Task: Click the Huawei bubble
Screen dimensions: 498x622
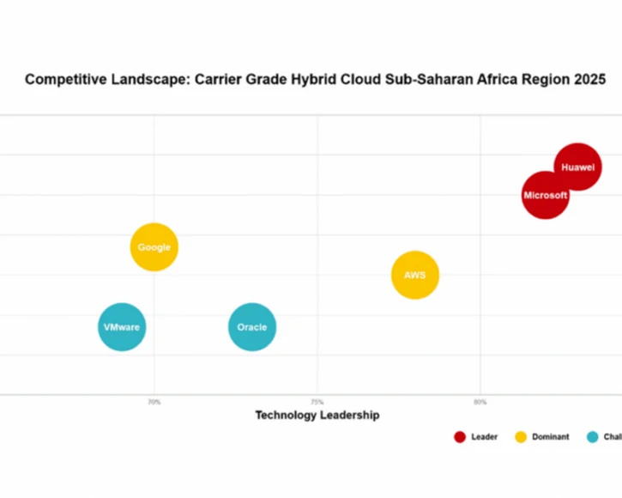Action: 577,167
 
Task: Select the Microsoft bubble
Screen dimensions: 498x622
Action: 546,195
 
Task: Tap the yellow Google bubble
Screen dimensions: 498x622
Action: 154,247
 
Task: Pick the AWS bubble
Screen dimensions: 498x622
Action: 415,275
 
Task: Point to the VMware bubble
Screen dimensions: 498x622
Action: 122,327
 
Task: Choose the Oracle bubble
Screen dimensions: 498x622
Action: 252,327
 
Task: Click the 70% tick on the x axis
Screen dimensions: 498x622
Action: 154,402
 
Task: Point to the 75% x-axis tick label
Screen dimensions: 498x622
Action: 317,402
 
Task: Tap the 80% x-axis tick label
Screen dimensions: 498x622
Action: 480,402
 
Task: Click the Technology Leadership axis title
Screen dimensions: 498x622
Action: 317,416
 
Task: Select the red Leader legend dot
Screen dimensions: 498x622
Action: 460,437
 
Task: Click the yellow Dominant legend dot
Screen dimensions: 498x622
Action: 521,437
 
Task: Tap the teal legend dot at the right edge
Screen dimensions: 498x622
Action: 592,437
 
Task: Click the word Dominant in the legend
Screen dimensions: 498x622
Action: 550,437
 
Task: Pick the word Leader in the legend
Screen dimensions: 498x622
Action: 484,437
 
